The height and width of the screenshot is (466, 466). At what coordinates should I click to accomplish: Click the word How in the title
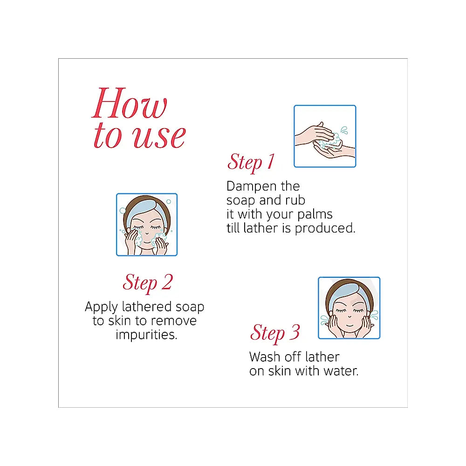[130, 103]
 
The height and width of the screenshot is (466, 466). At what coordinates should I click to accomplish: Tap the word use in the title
[159, 137]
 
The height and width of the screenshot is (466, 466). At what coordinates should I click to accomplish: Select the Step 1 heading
[251, 163]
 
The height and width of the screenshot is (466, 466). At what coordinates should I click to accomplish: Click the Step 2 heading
[148, 283]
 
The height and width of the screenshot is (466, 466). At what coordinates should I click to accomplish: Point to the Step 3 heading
[275, 333]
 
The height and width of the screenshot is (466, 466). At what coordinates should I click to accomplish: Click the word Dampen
[252, 187]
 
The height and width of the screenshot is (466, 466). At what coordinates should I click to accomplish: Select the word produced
[325, 228]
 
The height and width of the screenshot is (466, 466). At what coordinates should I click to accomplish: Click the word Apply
[101, 307]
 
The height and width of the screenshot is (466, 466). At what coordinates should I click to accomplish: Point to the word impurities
[146, 335]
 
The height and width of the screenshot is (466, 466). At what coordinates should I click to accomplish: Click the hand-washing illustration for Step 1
[325, 136]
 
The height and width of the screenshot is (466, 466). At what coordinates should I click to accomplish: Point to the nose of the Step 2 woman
[147, 233]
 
